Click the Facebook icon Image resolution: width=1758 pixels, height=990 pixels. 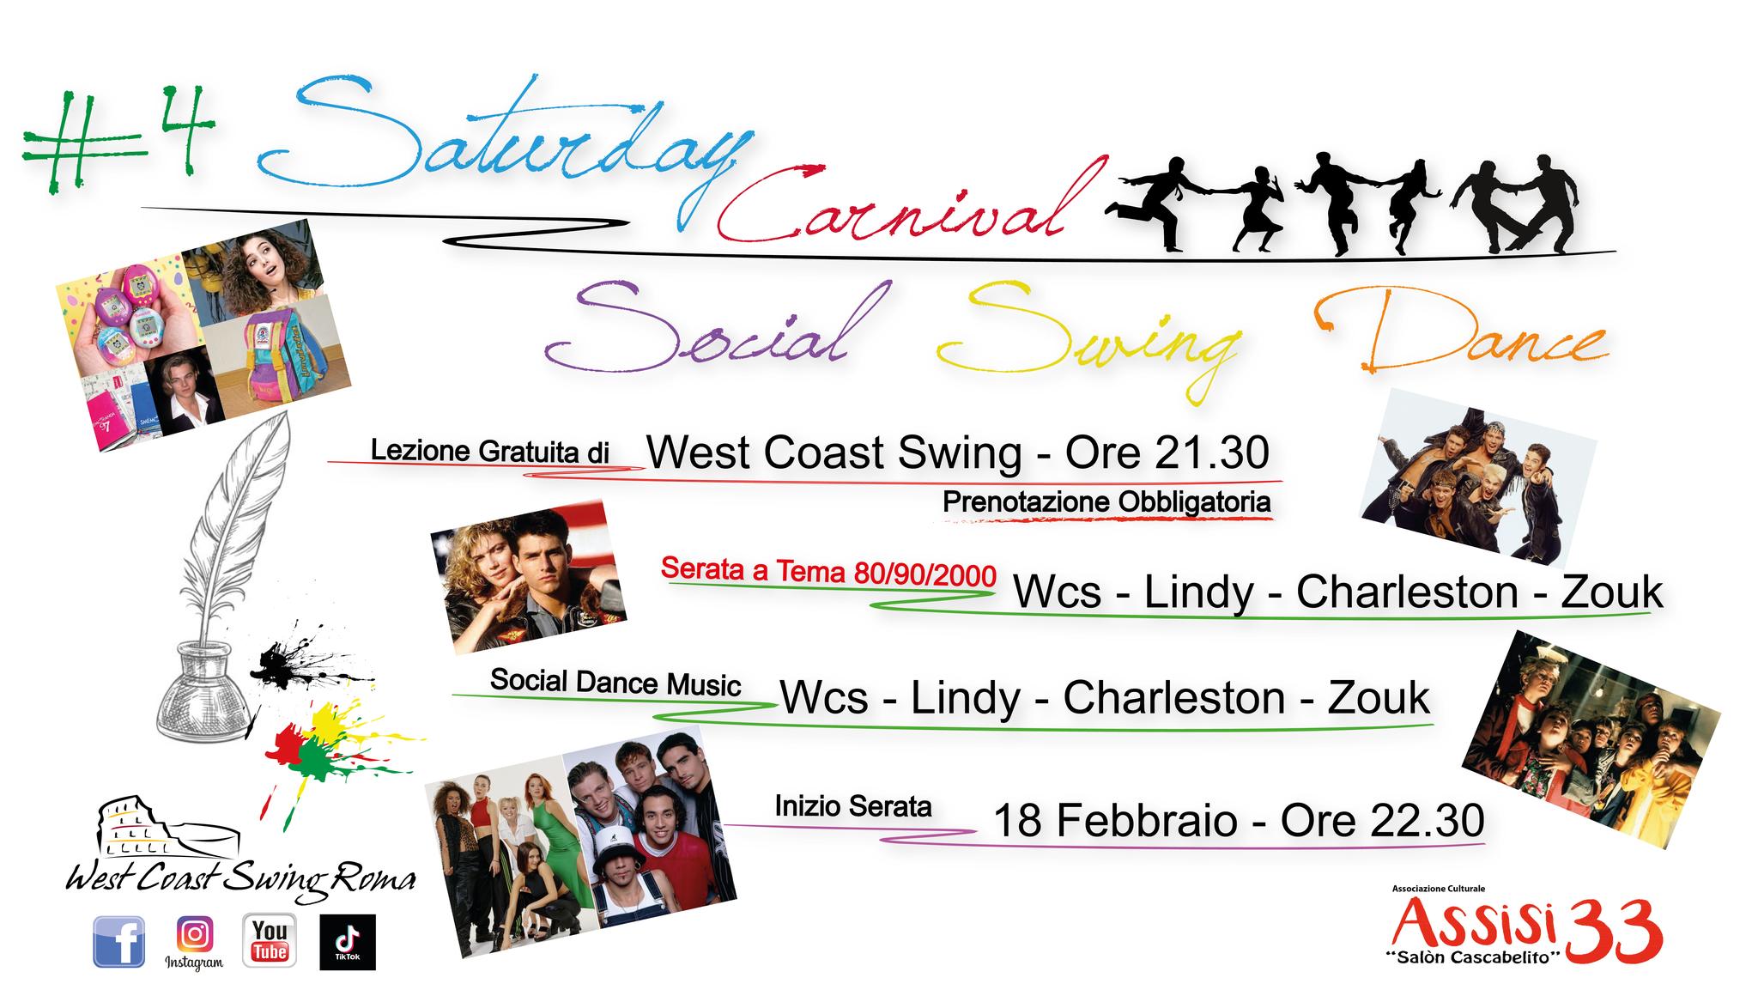point(118,941)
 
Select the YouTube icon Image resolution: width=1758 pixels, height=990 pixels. point(270,941)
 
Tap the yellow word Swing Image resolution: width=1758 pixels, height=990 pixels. point(1090,339)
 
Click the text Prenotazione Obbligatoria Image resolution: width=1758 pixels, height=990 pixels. point(1106,502)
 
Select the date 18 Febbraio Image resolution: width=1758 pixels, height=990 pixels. point(1116,820)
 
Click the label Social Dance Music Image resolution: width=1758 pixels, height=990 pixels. point(615,683)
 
